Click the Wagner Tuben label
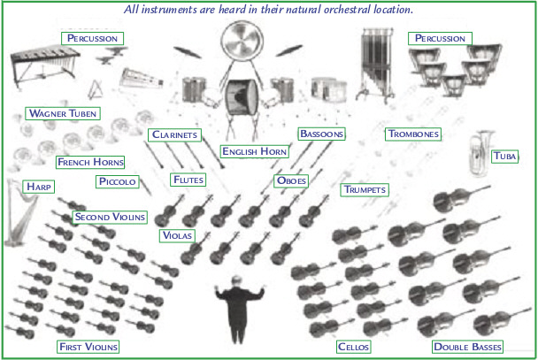coord(63,113)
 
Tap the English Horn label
coord(254,151)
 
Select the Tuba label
coord(504,157)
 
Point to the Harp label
coord(38,187)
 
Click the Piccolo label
coord(118,181)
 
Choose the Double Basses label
coord(467,347)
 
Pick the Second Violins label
coord(110,217)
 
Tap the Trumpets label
coord(365,189)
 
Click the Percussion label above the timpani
coord(440,38)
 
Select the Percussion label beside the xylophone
coord(92,38)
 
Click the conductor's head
coord(236,281)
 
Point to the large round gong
coord(242,41)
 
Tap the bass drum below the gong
coord(242,96)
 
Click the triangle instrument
coord(96,90)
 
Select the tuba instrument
coord(480,153)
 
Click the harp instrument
coord(18,212)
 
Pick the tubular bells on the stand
coord(376,65)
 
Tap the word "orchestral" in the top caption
coord(346,9)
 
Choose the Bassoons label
coord(321,134)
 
